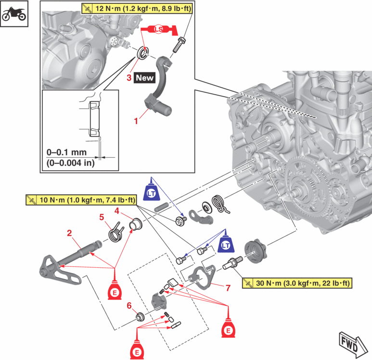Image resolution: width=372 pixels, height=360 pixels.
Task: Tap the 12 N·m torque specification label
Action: coord(136,8)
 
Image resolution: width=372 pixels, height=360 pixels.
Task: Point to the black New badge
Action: coord(144,77)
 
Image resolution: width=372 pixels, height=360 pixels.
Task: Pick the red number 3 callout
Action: coord(129,77)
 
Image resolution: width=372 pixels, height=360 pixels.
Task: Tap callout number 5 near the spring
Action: coord(102,217)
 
